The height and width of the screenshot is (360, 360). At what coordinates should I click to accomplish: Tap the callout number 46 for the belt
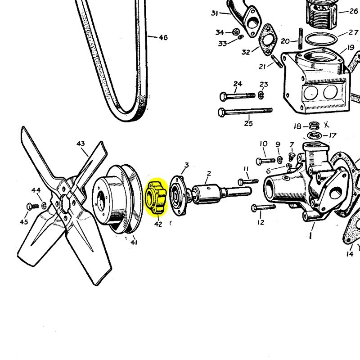click(x=163, y=38)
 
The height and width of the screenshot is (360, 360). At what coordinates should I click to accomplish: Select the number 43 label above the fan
click(x=81, y=144)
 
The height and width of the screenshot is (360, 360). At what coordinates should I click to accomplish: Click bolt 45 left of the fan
click(x=30, y=206)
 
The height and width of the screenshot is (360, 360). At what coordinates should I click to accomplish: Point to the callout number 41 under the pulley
click(x=134, y=243)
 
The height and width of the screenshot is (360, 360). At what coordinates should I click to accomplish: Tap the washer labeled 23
click(x=261, y=95)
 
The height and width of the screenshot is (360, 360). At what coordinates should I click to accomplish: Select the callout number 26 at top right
click(x=354, y=11)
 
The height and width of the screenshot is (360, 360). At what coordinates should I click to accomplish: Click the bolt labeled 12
click(x=263, y=207)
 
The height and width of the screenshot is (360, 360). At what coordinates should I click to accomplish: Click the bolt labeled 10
click(x=265, y=160)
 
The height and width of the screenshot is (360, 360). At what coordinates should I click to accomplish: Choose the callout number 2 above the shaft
click(x=209, y=173)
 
